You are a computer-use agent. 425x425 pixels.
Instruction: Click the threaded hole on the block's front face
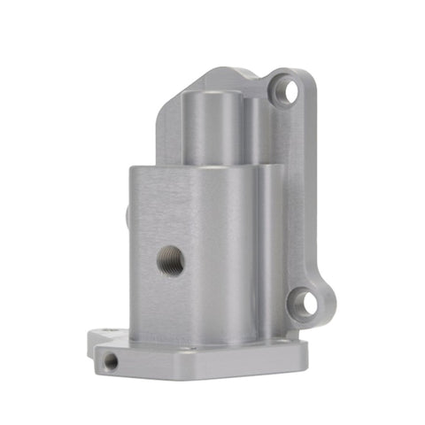pos(170,260)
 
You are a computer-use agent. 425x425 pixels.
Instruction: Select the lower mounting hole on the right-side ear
pos(305,304)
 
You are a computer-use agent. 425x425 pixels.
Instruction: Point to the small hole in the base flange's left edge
pos(111,361)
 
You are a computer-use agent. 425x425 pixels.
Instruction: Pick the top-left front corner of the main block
pos(130,168)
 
